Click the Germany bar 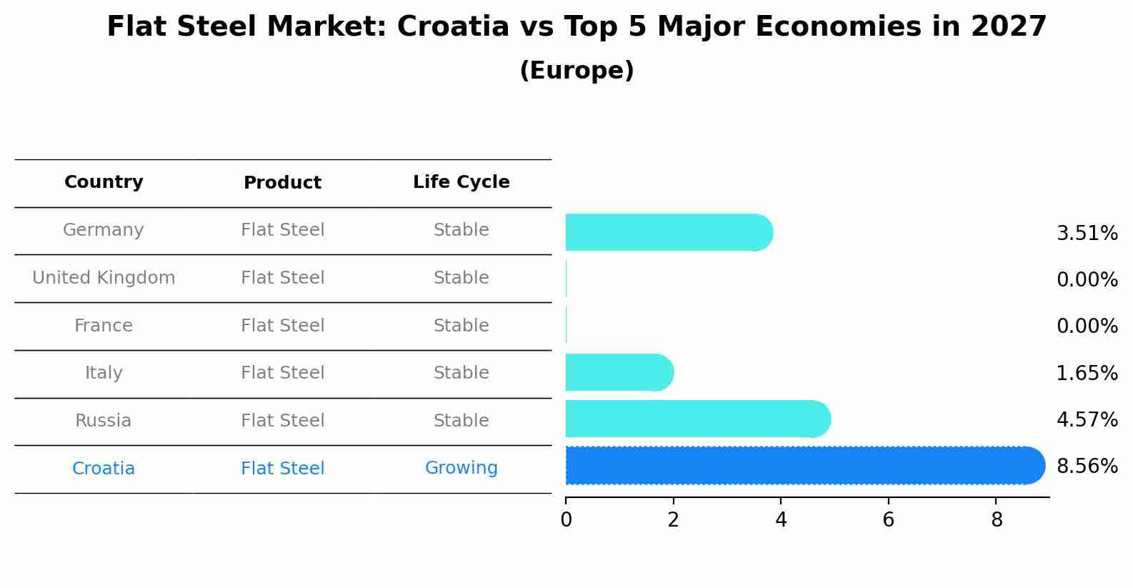(668, 232)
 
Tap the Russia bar (697, 419)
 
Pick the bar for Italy (619, 372)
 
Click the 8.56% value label (1087, 467)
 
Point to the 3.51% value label (1087, 234)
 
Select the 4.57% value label (1087, 419)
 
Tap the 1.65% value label (1087, 373)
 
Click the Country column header (104, 182)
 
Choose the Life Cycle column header (461, 182)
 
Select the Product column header (282, 183)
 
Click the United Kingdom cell (104, 278)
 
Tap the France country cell (104, 326)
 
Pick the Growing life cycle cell (461, 468)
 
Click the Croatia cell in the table (104, 469)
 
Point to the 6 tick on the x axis (888, 520)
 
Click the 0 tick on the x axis (566, 520)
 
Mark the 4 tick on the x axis (781, 520)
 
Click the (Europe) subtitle (577, 71)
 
